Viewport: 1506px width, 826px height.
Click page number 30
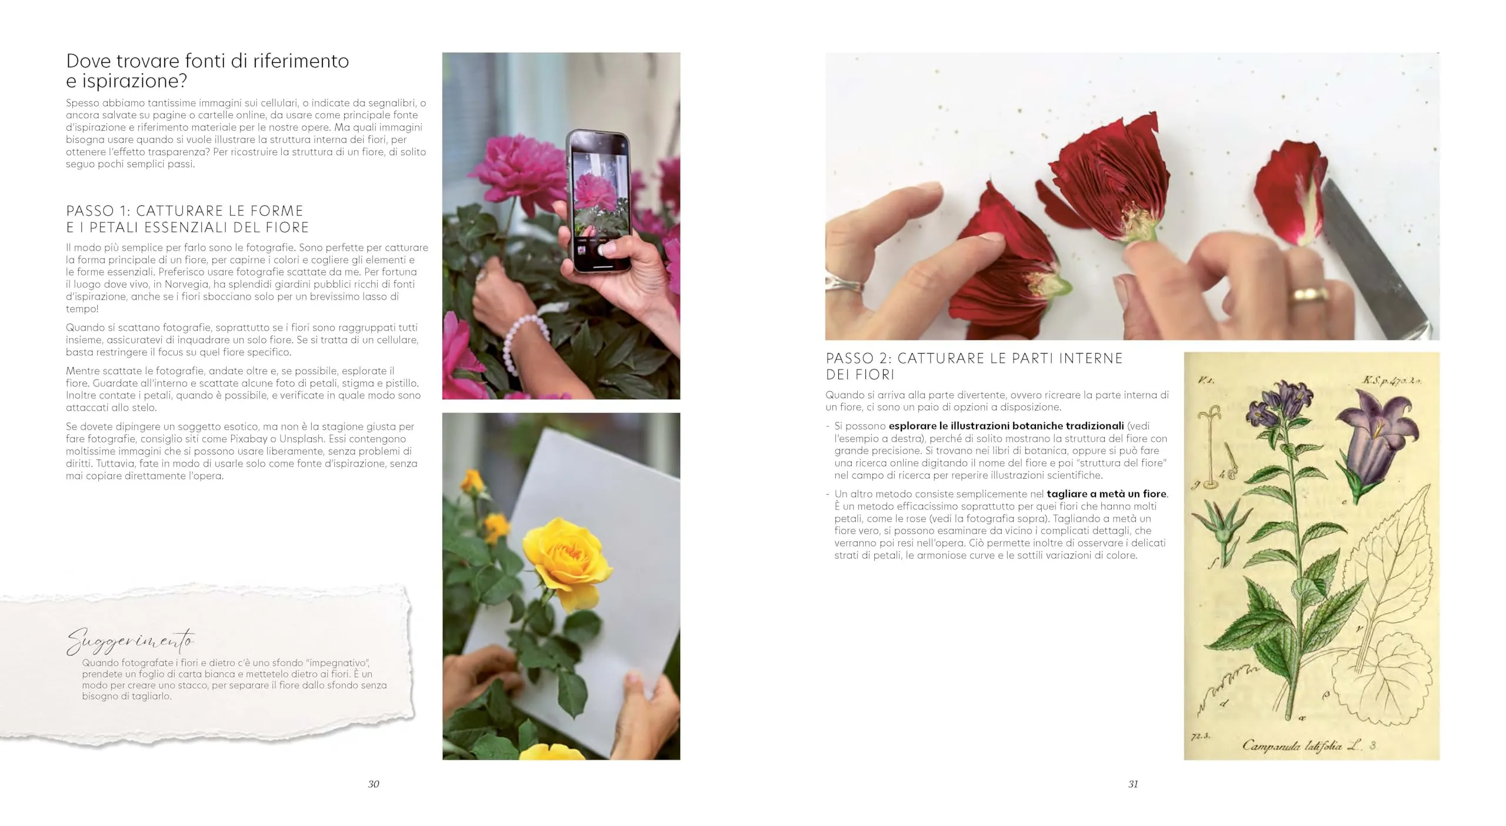coord(374,784)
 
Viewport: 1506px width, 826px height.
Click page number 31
coord(1133,784)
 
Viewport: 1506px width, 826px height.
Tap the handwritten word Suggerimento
coord(130,641)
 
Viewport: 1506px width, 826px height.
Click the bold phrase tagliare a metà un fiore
coord(1106,494)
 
